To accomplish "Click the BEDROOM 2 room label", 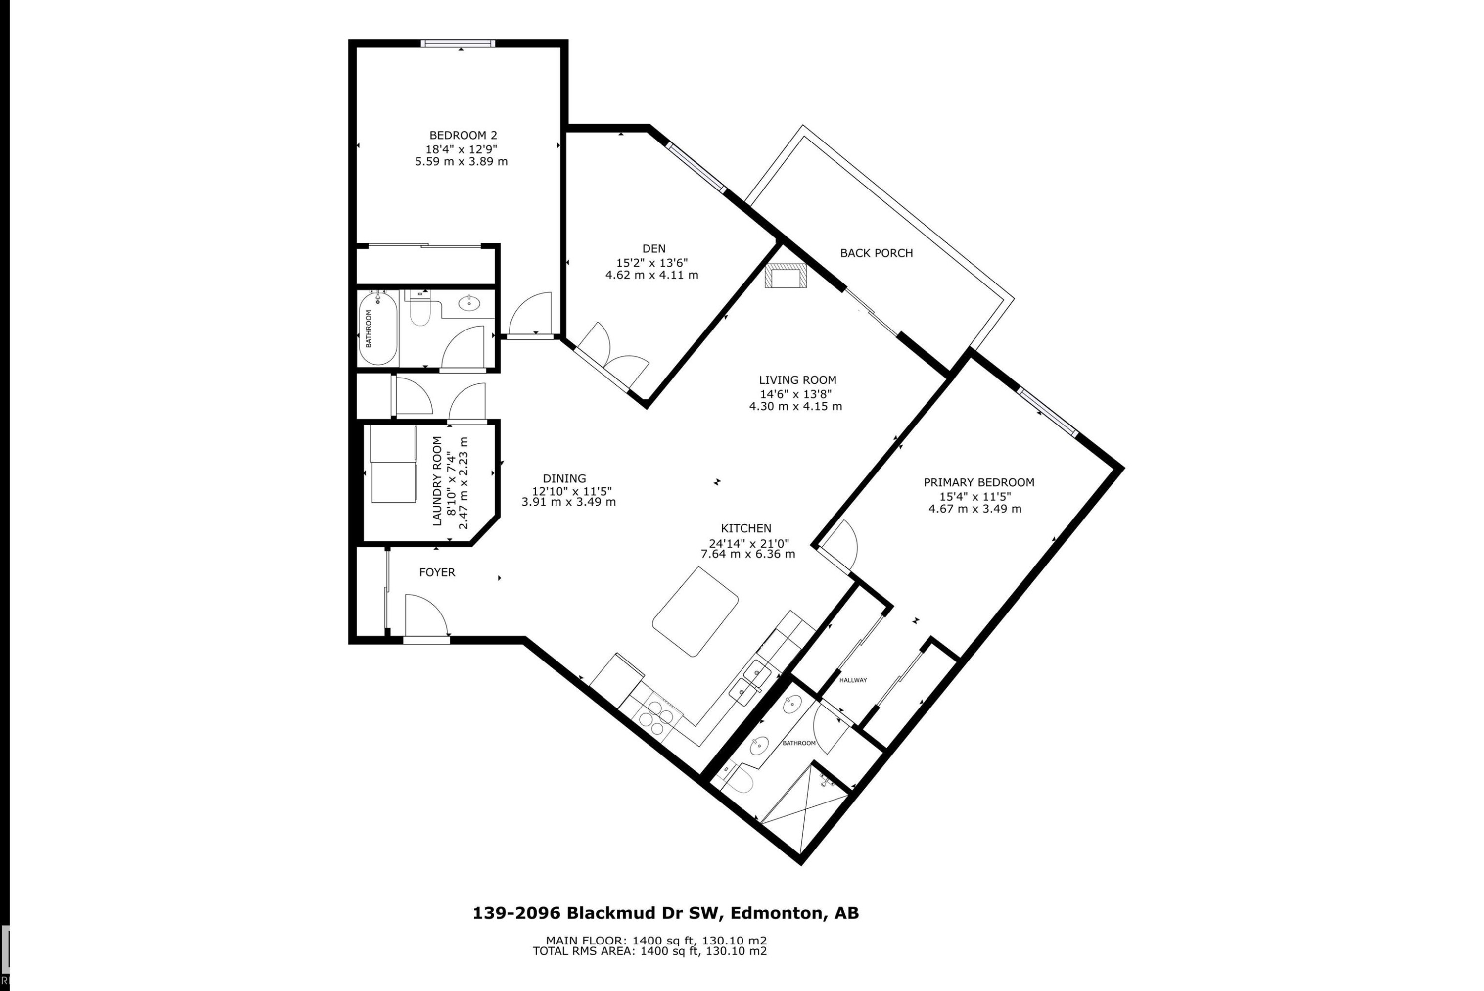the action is pyautogui.click(x=463, y=135).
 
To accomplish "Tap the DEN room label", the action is pyautogui.click(x=654, y=249).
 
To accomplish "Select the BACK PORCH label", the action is pyautogui.click(x=876, y=253).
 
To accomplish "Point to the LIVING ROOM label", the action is pyautogui.click(x=797, y=380).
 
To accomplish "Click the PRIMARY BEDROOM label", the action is pyautogui.click(x=978, y=483).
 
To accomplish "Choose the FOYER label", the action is pyautogui.click(x=437, y=572).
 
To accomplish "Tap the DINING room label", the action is pyautogui.click(x=564, y=479).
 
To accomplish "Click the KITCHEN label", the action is pyautogui.click(x=746, y=528).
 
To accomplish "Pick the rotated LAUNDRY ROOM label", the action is pyautogui.click(x=437, y=481).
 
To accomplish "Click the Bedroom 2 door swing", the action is pyautogui.click(x=531, y=313).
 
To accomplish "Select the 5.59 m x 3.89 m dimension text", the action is pyautogui.click(x=461, y=162).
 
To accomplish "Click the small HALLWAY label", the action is pyautogui.click(x=853, y=681).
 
